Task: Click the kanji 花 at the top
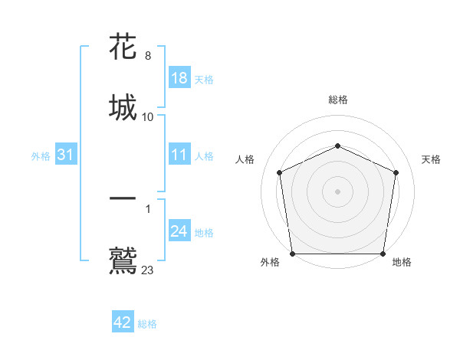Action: point(124,47)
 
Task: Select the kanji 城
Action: point(124,107)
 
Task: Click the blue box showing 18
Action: point(179,79)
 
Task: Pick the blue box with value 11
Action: point(179,155)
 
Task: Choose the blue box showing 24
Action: point(179,232)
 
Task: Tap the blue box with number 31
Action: point(66,155)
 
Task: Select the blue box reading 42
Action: point(123,323)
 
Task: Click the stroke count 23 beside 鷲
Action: point(148,270)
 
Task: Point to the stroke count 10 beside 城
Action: point(148,117)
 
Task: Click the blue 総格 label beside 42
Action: point(147,324)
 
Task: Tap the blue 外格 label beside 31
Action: point(41,156)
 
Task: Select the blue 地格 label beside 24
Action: point(204,233)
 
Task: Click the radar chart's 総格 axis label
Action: point(337,100)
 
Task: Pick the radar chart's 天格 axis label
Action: point(431,159)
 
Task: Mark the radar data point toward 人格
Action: point(280,172)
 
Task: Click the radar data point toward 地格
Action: point(383,253)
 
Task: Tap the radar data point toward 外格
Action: point(292,253)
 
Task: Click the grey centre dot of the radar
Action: point(337,191)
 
